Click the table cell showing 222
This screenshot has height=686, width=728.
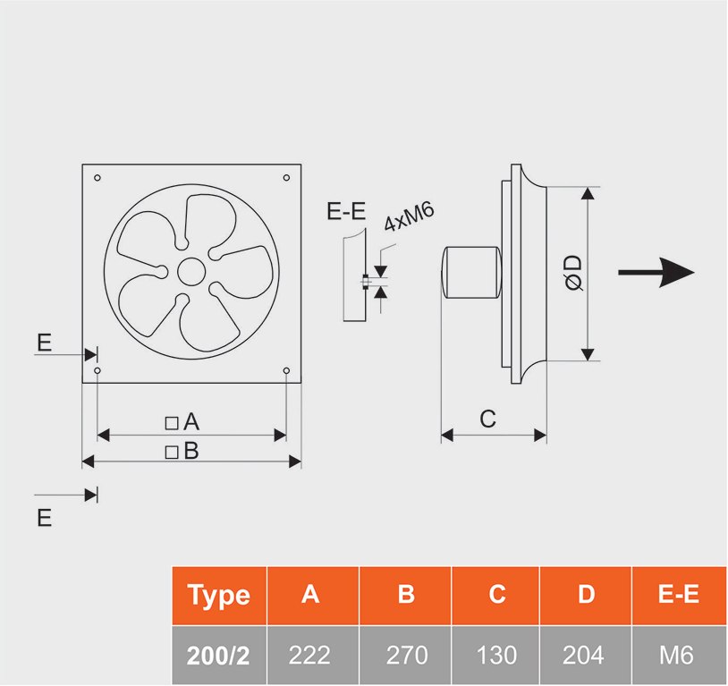pos(310,656)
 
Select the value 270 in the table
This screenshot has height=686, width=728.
pos(406,656)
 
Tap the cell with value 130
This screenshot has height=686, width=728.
pos(497,656)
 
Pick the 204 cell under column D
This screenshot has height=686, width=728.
pos(586,656)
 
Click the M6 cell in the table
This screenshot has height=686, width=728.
pos(678,656)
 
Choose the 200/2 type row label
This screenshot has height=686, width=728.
pos(218,656)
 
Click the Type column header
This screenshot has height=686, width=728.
pos(218,595)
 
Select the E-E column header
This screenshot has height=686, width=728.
pos(678,595)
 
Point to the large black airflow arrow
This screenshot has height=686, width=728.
pos(656,272)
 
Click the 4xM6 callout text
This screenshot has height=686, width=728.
pos(409,217)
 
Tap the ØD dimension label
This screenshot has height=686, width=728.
pos(572,272)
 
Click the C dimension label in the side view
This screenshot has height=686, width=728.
pos(488,418)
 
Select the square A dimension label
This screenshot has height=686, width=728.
pos(182,422)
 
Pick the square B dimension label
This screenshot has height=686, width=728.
pos(182,451)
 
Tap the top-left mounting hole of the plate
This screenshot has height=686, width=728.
pos(97,178)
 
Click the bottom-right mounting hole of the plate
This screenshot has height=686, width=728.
pos(286,370)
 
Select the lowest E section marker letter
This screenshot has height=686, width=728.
pos(45,518)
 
